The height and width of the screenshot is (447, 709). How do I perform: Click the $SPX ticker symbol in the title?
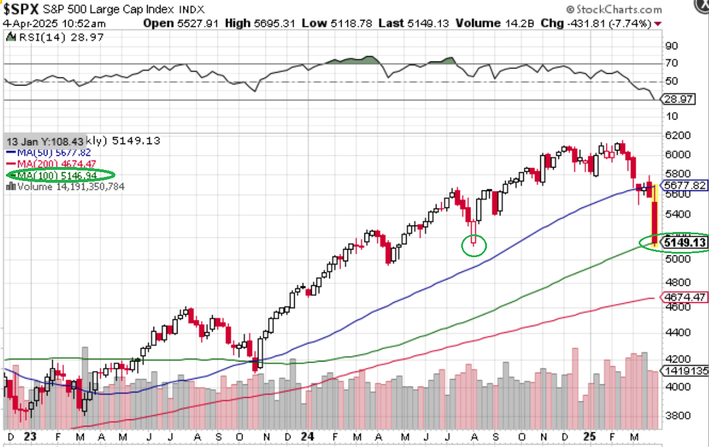coord(22,10)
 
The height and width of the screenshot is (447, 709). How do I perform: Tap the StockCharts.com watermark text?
coord(619,9)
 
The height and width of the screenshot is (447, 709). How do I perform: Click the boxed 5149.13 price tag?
coord(683,243)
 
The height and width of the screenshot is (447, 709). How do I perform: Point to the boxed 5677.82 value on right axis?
coord(683,185)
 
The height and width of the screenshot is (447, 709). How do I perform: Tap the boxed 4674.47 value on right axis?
coord(683,298)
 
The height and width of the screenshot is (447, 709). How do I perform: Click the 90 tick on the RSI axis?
coord(671,46)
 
